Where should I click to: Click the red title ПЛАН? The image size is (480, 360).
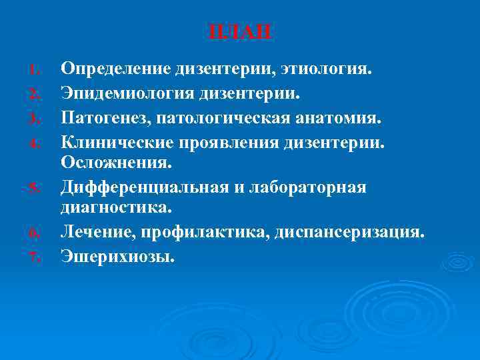(240, 32)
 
